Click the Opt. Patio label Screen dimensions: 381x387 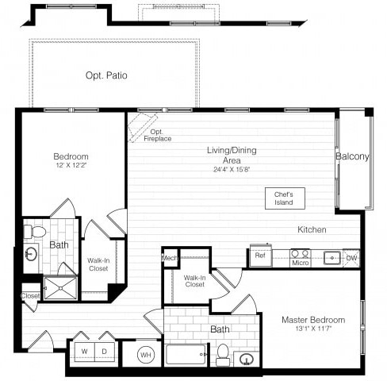(106, 76)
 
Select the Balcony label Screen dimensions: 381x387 (352, 157)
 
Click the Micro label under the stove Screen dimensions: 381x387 (300, 264)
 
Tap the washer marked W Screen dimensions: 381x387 (84, 352)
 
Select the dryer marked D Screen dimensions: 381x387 (103, 352)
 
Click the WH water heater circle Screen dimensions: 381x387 (145, 354)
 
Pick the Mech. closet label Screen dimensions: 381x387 (169, 258)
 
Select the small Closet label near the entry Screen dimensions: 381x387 (30, 296)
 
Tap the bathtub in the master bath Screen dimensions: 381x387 (186, 354)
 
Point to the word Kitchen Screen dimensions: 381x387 (312, 230)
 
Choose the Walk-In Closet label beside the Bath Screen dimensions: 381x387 (98, 264)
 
